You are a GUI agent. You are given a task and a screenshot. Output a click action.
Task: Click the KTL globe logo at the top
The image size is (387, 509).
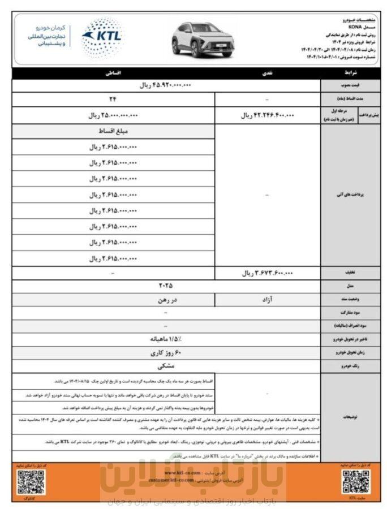point(101,38)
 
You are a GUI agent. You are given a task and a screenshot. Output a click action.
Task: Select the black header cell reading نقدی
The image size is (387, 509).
point(267,74)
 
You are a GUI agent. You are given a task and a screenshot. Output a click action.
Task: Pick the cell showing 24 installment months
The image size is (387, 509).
point(113,100)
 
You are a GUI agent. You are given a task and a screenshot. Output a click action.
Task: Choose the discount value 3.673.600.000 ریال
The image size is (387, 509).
point(268,273)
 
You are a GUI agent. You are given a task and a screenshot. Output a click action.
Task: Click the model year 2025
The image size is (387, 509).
point(166,286)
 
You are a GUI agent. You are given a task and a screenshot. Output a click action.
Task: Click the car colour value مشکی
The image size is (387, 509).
point(166,366)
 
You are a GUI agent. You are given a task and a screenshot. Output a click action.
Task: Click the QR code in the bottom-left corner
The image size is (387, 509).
point(31,481)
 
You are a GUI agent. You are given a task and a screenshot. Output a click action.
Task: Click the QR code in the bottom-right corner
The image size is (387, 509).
point(356,481)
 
